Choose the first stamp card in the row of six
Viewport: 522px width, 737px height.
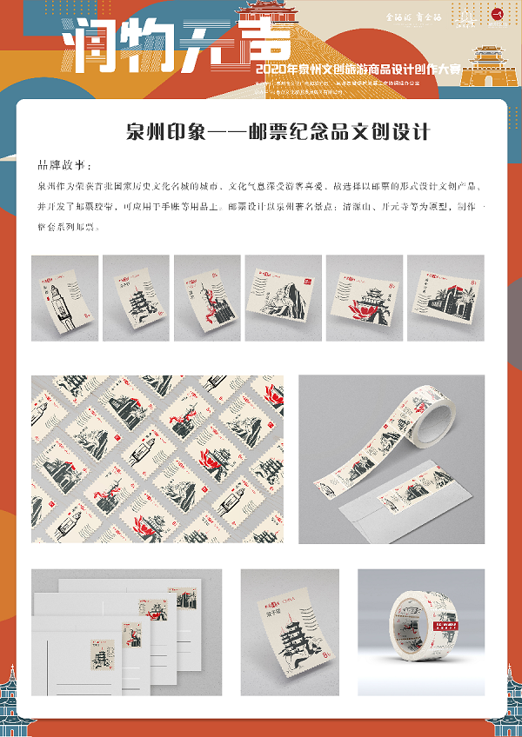coord(63,297)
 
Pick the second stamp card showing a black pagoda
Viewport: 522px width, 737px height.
coord(135,297)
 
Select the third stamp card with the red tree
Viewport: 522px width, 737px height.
coord(206,297)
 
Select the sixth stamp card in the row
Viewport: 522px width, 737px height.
coord(444,297)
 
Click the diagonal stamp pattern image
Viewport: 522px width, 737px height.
coord(157,459)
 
